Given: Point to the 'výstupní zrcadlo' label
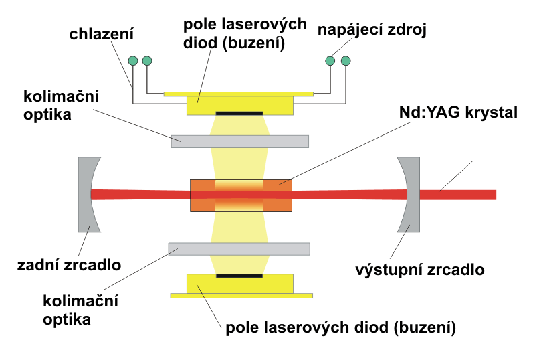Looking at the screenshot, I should pyautogui.click(x=419, y=270).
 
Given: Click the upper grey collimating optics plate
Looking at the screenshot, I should pyautogui.click(x=239, y=141).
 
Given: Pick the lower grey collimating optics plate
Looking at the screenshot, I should pyautogui.click(x=239, y=248).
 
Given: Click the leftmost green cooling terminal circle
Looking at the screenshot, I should pyautogui.click(x=132, y=61).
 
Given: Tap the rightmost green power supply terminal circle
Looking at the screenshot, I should pyautogui.click(x=346, y=61).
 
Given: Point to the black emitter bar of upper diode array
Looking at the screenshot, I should pyautogui.click(x=239, y=112).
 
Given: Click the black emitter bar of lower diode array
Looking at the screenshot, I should pyautogui.click(x=239, y=275).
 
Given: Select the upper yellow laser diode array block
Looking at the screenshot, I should pyautogui.click(x=239, y=103).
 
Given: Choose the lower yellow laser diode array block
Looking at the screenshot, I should pyautogui.click(x=239, y=284).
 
